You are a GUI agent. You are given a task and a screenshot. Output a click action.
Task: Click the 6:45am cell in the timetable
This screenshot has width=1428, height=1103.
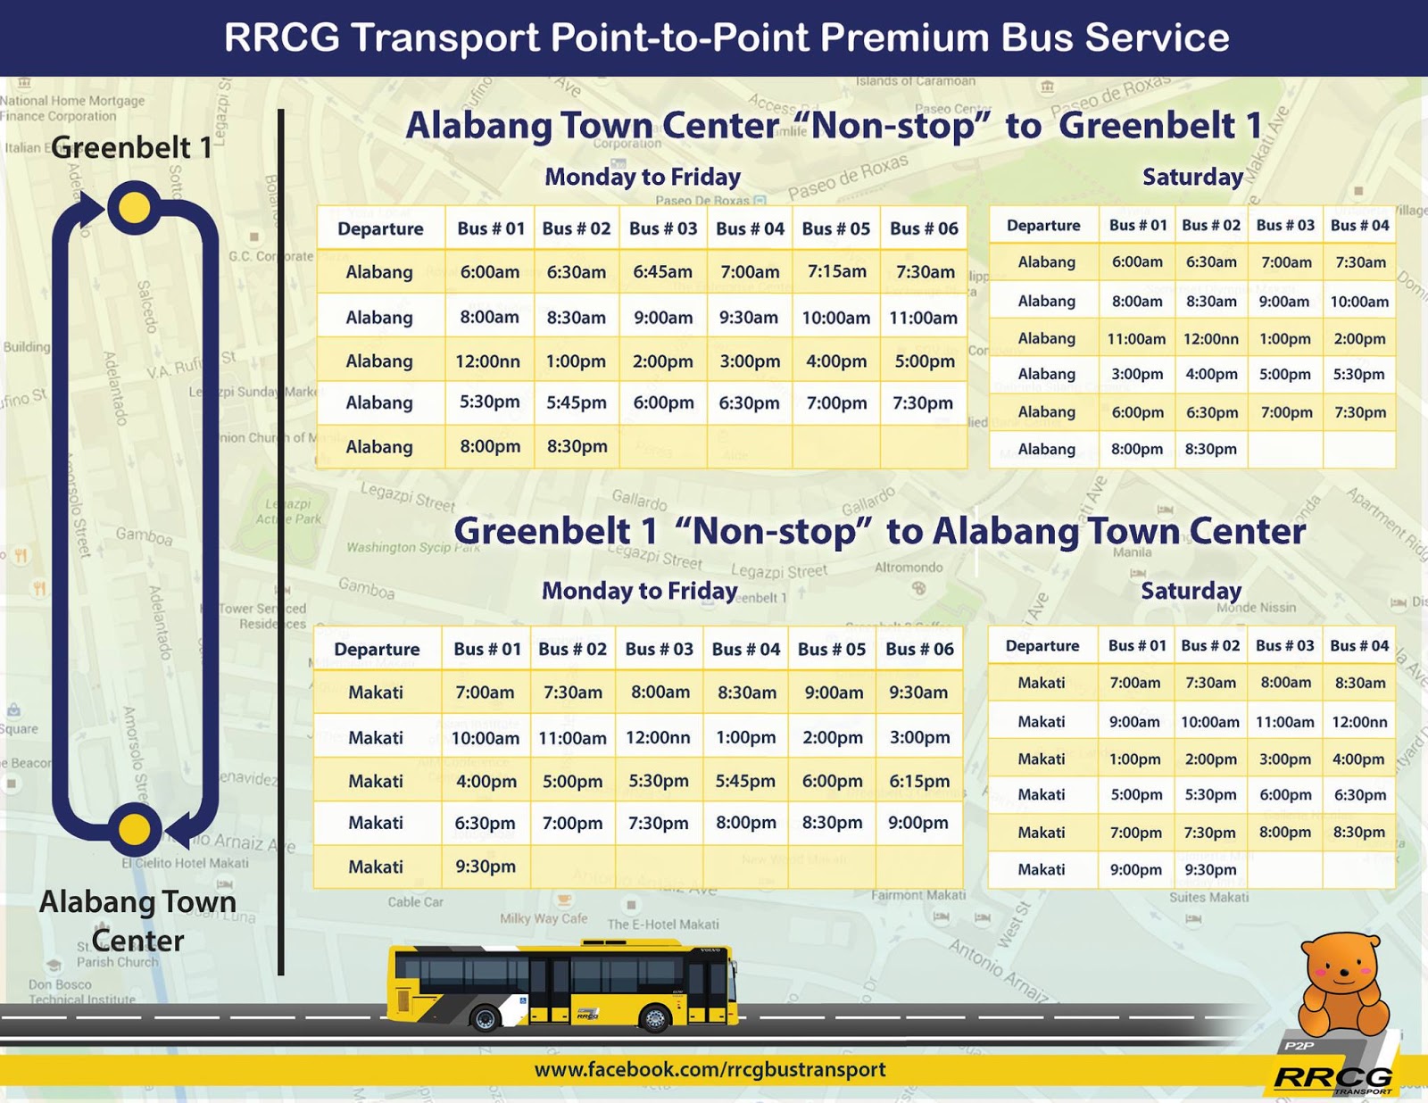tap(662, 271)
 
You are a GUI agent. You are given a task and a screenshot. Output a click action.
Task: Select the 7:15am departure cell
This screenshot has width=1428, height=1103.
tap(836, 271)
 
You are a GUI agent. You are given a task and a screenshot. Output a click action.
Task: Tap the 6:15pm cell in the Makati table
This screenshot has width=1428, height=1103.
tap(919, 781)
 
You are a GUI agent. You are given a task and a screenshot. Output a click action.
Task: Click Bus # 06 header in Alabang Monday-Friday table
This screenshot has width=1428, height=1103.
tap(924, 228)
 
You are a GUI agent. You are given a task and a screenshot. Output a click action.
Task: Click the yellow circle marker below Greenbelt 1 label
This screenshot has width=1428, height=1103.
tap(134, 208)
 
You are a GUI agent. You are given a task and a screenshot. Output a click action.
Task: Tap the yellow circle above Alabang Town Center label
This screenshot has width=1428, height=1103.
tap(134, 829)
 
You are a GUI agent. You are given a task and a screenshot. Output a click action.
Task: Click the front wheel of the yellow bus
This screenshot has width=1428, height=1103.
tap(654, 1017)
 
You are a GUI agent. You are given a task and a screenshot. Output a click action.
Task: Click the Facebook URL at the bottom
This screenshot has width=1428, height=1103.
tap(710, 1069)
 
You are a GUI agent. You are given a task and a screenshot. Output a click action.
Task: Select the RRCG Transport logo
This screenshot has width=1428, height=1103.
tap(1333, 1077)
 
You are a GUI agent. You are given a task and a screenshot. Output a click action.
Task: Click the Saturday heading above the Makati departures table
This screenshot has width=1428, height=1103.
tap(1191, 591)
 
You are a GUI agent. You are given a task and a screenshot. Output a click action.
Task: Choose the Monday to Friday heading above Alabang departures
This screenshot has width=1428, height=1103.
tap(643, 177)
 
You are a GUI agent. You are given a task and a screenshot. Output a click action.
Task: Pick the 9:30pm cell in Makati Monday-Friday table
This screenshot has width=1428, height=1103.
tap(485, 866)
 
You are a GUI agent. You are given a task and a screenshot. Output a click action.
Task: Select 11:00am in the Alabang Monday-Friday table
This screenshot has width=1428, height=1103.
tap(923, 318)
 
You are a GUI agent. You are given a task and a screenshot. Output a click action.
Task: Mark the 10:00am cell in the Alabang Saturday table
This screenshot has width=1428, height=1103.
tap(1359, 302)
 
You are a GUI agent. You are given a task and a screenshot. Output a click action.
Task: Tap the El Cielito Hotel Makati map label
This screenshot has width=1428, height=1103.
tap(186, 863)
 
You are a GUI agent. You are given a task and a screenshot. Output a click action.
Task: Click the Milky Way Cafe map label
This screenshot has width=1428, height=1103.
tap(544, 918)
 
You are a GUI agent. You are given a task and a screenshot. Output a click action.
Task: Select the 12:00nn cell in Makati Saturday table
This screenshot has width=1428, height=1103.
tap(1359, 722)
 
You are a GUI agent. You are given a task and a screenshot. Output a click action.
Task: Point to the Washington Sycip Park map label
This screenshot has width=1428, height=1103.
tap(412, 546)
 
